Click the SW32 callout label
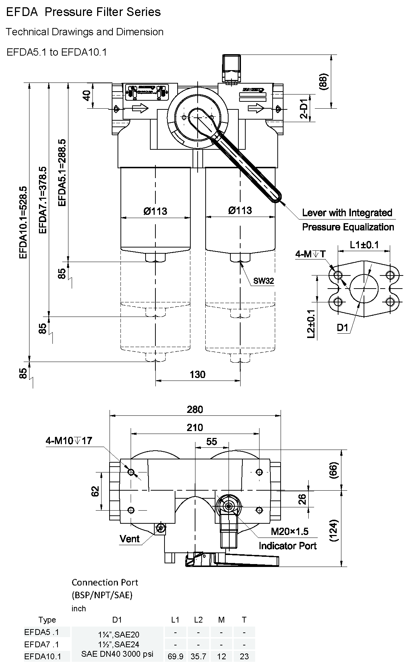264,281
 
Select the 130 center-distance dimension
197,374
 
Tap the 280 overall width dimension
195,410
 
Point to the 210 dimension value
195,427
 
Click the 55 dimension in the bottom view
211,441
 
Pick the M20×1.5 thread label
289,531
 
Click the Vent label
130,539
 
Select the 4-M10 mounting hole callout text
69,441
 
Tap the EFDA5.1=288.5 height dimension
62,173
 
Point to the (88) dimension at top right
323,81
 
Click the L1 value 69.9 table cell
175,656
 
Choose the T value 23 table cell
244,656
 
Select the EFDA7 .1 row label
41,644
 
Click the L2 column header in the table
198,620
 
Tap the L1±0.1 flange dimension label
364,245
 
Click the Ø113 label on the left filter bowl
155,211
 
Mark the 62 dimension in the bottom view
95,491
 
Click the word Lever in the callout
314,213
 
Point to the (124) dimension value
333,530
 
